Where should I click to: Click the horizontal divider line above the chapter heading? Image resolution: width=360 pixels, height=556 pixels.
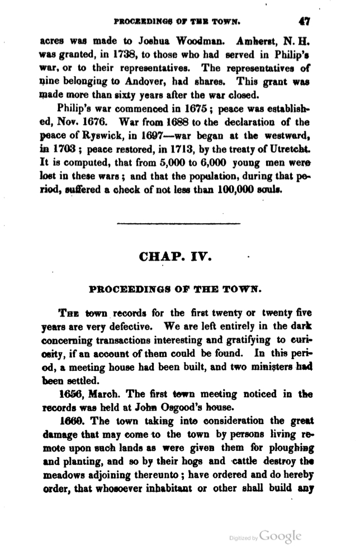point(178,224)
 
